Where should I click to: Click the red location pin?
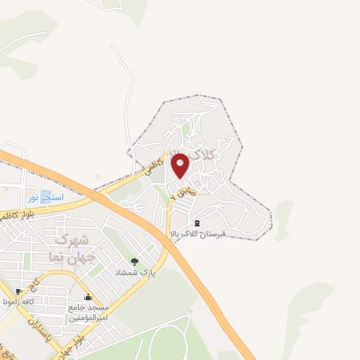point(180,166)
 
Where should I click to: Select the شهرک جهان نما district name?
point(69,250)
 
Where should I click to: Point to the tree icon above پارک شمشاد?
point(134,262)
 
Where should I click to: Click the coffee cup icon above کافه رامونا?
point(18,291)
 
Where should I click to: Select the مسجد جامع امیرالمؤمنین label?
point(88,313)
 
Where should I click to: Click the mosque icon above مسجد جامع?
point(87,297)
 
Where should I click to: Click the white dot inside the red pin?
point(180,162)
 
